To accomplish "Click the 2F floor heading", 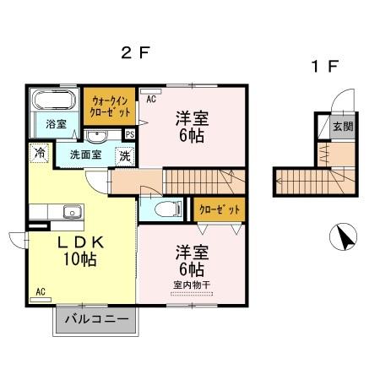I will pyautogui.click(x=134, y=52).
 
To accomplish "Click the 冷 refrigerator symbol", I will pyautogui.click(x=39, y=153).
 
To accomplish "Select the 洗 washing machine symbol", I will pyautogui.click(x=123, y=155).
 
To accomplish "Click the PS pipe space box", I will pyautogui.click(x=130, y=133).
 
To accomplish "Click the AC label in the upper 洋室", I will pyautogui.click(x=151, y=99).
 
